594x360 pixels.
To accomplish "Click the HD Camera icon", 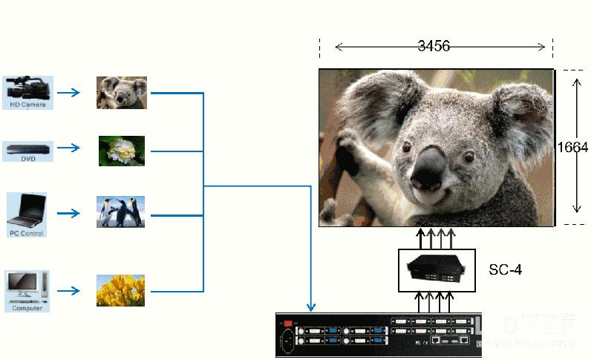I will [27, 89].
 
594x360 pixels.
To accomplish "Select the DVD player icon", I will [28, 150].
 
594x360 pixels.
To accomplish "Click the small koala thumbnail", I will [122, 92].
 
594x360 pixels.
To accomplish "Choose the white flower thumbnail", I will [122, 151].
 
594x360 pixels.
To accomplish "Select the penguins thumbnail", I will [120, 212].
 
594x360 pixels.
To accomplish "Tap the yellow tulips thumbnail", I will [120, 290].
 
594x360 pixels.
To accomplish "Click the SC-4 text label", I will [505, 269].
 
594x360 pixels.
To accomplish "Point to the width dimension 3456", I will [434, 47].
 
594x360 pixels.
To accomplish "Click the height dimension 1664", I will [573, 148].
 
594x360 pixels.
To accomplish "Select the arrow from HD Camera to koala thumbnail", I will [69, 93].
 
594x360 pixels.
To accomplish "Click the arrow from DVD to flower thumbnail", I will [69, 148].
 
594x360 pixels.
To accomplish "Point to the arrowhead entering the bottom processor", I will [311, 307].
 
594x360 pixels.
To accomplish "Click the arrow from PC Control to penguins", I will [69, 213].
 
